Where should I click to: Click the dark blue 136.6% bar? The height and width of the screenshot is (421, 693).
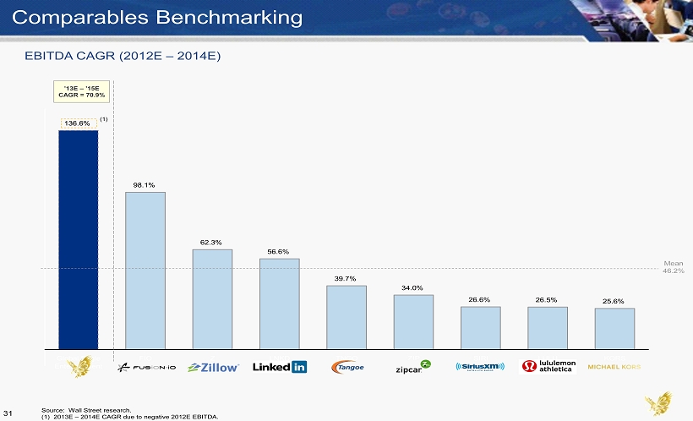[78, 238]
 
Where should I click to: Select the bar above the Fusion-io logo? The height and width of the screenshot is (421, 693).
[145, 270]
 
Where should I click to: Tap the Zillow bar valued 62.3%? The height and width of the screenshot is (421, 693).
[211, 298]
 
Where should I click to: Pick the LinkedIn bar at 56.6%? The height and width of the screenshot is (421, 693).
[279, 303]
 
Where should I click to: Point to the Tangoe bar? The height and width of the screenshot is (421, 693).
[346, 316]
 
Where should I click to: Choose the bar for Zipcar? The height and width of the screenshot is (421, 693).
[413, 321]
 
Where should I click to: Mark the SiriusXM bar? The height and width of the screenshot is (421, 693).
[480, 327]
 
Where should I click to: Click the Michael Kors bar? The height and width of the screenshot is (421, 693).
[614, 328]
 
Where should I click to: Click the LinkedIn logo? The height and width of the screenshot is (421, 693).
[279, 367]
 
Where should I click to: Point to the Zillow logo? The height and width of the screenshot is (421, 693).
[213, 367]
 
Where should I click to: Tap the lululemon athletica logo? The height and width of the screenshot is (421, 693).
[548, 366]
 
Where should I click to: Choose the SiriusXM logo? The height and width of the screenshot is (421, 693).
[480, 367]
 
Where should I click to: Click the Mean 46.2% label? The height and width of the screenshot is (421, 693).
[673, 267]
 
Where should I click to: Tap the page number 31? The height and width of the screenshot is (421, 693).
[10, 412]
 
